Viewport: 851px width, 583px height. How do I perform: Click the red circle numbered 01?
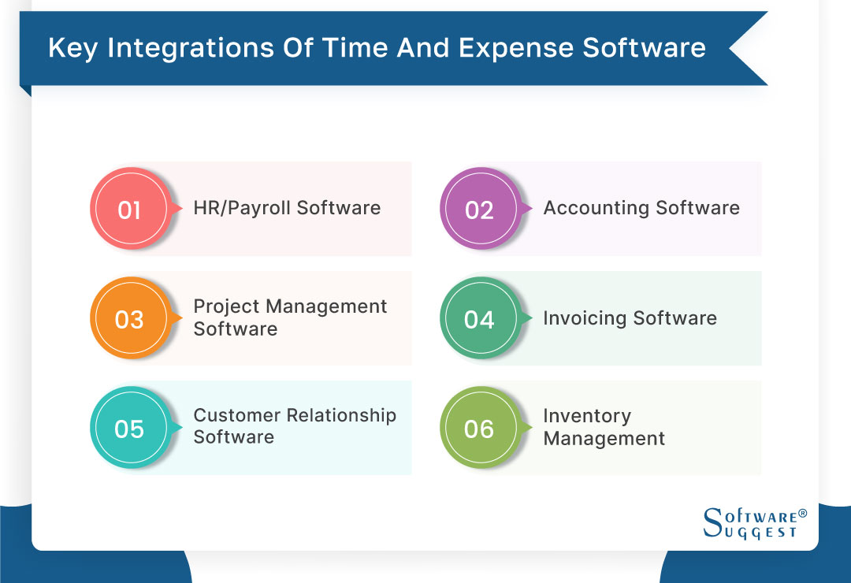coord(129,210)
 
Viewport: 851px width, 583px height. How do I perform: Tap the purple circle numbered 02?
coord(479,210)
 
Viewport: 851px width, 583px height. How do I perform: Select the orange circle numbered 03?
coord(129,320)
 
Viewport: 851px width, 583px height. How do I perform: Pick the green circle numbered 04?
coord(479,320)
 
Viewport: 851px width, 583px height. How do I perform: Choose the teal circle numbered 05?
coord(129,429)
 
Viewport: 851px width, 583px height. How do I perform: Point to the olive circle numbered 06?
coord(479,429)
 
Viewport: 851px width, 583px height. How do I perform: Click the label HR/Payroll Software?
coord(287,208)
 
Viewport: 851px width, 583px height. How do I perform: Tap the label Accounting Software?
coord(641,208)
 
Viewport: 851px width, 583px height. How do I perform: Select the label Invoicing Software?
coord(630,318)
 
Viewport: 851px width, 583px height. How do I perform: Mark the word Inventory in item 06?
coord(587,416)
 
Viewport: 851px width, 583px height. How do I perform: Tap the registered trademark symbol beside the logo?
coord(803,514)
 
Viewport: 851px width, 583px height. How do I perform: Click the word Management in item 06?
coord(604,439)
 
